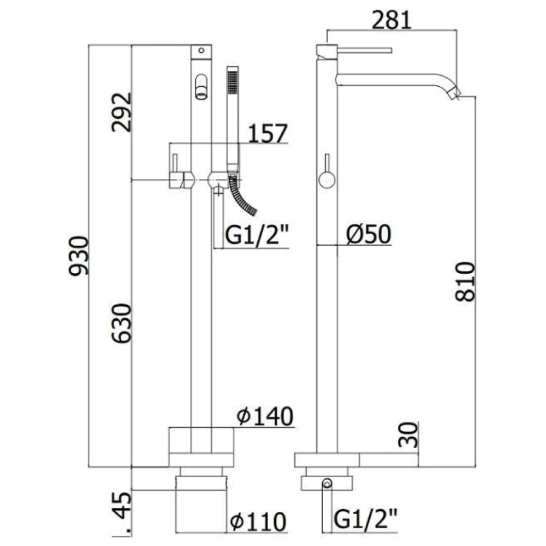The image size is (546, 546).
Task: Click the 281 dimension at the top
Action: tap(392, 20)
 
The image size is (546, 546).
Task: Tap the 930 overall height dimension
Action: tap(79, 256)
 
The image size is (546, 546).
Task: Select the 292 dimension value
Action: tap(122, 112)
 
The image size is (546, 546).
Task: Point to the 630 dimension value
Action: tap(122, 323)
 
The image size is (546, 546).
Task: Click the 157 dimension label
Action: tap(268, 133)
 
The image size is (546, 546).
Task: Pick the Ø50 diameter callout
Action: tap(369, 234)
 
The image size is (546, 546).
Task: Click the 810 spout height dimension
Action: tap(465, 282)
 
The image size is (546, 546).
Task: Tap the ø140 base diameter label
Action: tap(265, 416)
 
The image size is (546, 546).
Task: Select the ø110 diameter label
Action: tap(258, 522)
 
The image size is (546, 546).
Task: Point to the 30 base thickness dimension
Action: tap(408, 435)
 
